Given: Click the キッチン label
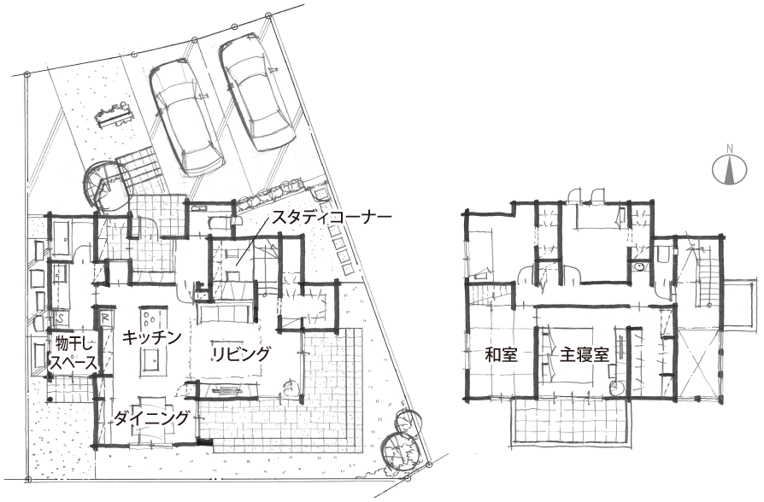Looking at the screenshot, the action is pyautogui.click(x=151, y=337).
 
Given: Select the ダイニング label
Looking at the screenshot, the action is pyautogui.click(x=151, y=417).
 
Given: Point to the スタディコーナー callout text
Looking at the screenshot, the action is pyautogui.click(x=332, y=217).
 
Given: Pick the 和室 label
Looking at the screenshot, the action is pyautogui.click(x=501, y=354).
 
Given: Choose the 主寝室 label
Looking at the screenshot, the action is pyautogui.click(x=585, y=354).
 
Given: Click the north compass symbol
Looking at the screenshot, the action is pyautogui.click(x=730, y=170).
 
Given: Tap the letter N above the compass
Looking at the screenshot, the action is pyautogui.click(x=730, y=148).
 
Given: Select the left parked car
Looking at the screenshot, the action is pyautogui.click(x=186, y=118).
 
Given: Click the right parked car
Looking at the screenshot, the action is pyautogui.click(x=256, y=91).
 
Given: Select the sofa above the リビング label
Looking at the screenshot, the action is pyautogui.click(x=225, y=312).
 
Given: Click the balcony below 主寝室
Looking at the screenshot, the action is pyautogui.click(x=568, y=420).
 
